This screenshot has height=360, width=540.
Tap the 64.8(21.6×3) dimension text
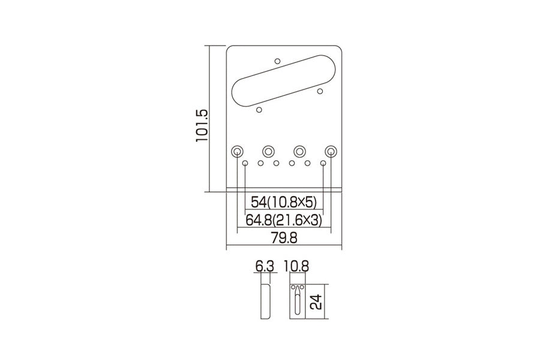(284, 220)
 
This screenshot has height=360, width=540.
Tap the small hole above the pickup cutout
(277, 60)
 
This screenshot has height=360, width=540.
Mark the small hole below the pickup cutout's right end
(320, 91)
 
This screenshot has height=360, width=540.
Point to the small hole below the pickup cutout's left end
(259, 109)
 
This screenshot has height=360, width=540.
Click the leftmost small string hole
(245, 163)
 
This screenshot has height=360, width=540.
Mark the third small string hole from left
(276, 163)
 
